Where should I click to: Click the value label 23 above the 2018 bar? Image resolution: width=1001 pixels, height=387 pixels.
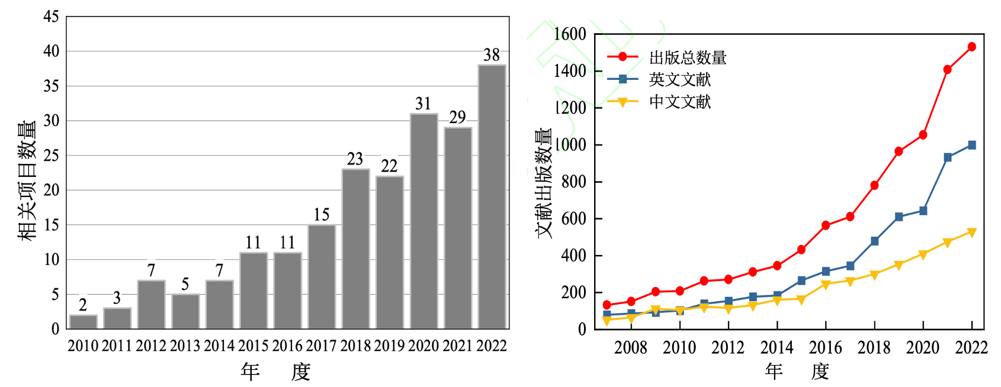[355, 159]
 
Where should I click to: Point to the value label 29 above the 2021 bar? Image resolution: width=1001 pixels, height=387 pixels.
[457, 117]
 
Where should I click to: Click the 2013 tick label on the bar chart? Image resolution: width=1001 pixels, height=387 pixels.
[185, 346]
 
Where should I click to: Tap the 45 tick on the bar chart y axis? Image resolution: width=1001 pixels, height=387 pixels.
[52, 17]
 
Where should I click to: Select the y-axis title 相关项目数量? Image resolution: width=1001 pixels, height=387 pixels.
[27, 180]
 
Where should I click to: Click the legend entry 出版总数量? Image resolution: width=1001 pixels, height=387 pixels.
[687, 57]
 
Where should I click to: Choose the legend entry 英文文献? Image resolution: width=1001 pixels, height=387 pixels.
[679, 79]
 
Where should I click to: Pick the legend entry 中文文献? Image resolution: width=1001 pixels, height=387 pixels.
[679, 102]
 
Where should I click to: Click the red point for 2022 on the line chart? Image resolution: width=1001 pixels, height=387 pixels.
[971, 47]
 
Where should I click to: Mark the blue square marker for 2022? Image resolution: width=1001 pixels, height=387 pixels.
[971, 145]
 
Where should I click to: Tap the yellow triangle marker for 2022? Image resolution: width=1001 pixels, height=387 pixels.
[971, 233]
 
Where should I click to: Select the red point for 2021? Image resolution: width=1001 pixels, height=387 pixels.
[947, 70]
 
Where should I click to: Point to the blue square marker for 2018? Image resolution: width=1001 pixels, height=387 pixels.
[874, 241]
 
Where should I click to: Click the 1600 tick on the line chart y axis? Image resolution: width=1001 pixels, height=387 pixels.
[570, 34]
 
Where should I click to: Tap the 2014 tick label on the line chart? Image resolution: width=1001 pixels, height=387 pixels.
[777, 347]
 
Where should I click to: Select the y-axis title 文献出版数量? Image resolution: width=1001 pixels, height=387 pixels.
[544, 183]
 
